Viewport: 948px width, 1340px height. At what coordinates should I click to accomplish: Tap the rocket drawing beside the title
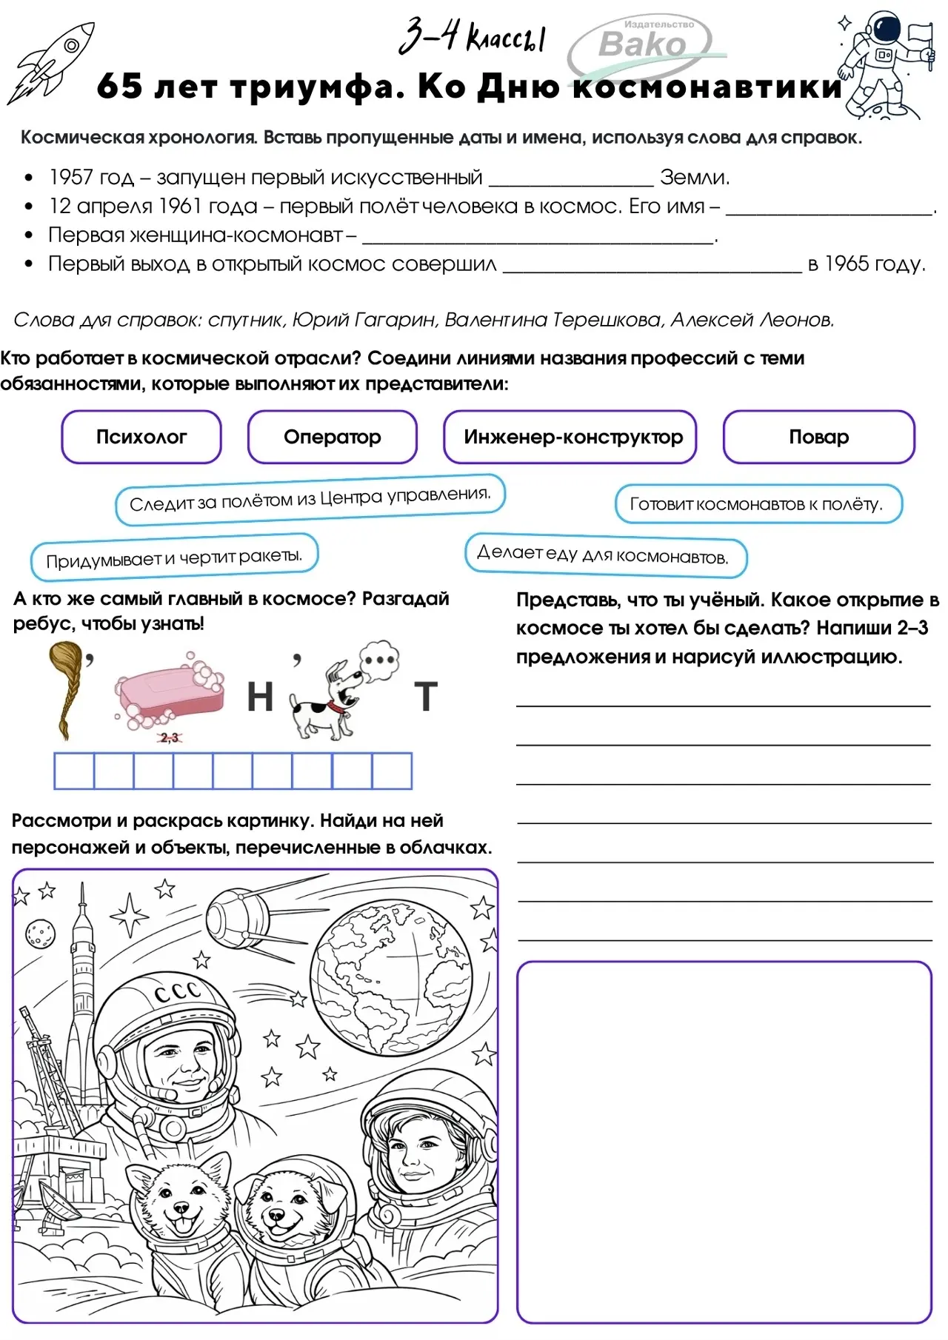[52, 62]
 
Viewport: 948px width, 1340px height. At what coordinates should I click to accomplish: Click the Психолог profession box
[141, 437]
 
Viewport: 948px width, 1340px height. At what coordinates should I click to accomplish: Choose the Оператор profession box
[332, 437]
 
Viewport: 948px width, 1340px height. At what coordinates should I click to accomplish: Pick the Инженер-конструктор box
[570, 437]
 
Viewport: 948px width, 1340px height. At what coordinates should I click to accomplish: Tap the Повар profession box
[818, 437]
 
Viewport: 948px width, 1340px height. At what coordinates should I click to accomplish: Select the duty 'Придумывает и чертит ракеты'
[175, 557]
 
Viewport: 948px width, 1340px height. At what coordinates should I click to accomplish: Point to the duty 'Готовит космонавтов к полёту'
[758, 504]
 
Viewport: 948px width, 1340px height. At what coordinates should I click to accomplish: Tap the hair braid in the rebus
[67, 689]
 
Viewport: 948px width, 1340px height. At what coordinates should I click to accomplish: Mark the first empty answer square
[74, 771]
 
